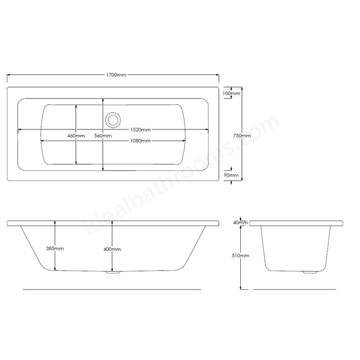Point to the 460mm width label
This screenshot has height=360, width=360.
pos(76,136)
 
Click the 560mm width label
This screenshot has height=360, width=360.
pos(102,136)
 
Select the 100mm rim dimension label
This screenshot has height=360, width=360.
pos(231,93)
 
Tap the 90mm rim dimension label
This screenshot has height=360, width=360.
pos(231,175)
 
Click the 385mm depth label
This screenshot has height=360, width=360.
pos(55,248)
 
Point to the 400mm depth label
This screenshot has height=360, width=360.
pos(112,249)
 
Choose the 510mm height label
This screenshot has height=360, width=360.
pos(241,255)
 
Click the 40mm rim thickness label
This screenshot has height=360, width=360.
pos(240,223)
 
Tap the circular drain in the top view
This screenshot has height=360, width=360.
pos(112,119)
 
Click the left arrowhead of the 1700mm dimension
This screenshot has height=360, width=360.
pos(9,75)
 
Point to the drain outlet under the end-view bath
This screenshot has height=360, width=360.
pos(308,273)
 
